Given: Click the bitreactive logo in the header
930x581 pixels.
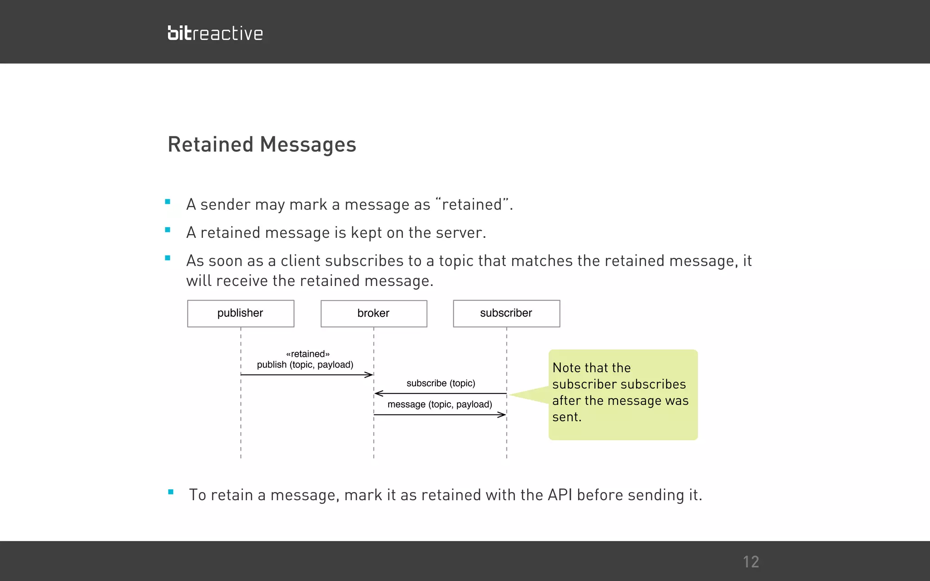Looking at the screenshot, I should point(215,33).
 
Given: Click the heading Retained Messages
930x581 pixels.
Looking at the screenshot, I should point(262,144).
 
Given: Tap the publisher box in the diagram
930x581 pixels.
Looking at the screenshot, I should point(241,313).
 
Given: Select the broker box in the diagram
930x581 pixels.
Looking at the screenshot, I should point(374,313).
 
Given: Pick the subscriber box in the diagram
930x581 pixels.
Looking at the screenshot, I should point(506,313).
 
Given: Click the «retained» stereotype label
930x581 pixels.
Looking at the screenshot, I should point(308,354).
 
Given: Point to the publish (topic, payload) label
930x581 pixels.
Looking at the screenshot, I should point(305,365).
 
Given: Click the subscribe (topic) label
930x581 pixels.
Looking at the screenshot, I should point(440,383).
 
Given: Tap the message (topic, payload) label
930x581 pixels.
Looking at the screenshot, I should point(440,404).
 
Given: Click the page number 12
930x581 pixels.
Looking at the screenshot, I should point(751,562).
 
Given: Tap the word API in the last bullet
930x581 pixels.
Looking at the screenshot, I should point(560,495).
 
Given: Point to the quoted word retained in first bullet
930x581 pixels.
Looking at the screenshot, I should point(472,205).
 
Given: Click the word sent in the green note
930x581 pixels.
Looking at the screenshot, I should point(565,417).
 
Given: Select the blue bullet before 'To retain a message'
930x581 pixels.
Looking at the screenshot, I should point(171,492).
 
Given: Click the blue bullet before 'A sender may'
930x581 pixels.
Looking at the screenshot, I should point(168,202).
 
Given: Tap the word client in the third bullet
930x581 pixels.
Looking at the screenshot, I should point(300,261).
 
